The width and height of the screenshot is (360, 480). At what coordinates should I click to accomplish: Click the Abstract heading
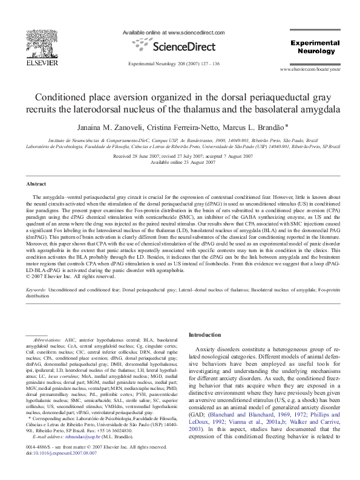pyautogui.click(x=36, y=183)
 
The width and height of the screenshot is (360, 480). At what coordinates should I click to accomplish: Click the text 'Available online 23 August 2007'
pyautogui.click(x=179, y=163)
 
